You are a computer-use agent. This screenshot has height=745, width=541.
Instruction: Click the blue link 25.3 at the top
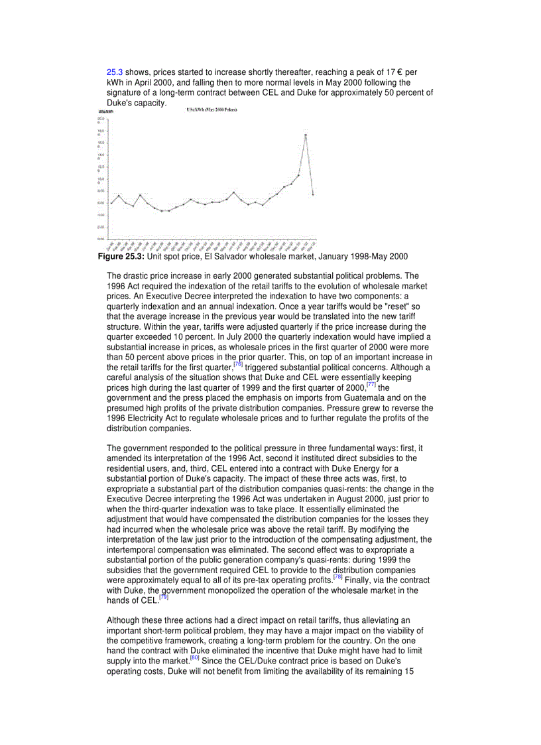(x=115, y=72)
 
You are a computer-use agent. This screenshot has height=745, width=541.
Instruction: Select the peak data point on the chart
(x=306, y=135)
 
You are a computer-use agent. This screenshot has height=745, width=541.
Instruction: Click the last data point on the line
(x=313, y=194)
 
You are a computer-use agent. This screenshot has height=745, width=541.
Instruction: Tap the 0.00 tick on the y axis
(x=101, y=239)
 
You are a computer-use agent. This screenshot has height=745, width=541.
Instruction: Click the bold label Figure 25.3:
(x=121, y=256)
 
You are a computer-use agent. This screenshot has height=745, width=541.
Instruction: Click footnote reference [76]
(x=238, y=364)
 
